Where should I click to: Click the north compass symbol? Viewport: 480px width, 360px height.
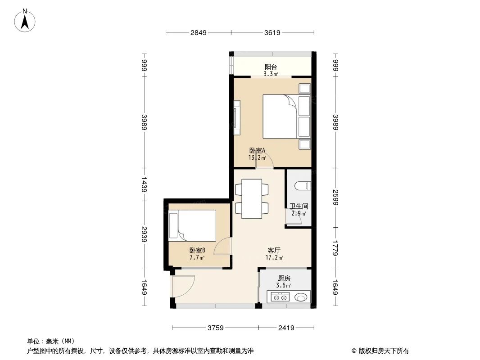click(26, 20)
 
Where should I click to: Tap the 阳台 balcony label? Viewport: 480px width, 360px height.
click(271, 67)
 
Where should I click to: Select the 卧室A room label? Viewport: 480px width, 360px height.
click(257, 151)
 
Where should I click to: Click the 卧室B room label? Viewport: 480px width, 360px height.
click(197, 250)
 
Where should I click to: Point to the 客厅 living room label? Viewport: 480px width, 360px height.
click(274, 250)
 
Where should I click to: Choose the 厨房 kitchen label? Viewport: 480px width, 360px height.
click(284, 278)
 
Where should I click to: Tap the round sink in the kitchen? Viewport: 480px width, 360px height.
click(301, 297)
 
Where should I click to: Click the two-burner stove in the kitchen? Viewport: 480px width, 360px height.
click(281, 297)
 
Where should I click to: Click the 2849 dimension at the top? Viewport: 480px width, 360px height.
click(198, 32)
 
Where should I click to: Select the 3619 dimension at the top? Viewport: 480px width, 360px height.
click(272, 32)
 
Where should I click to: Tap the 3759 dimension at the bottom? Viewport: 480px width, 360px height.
click(216, 328)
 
